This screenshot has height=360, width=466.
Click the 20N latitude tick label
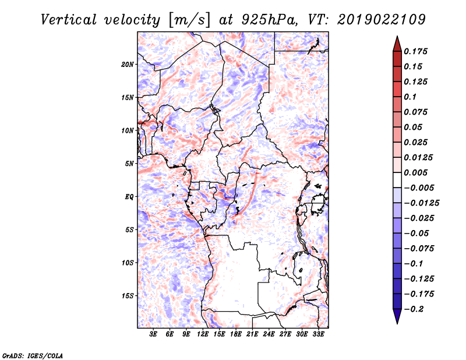point(128,64)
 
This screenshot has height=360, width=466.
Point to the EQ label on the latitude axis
point(129,197)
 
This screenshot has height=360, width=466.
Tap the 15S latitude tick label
point(128,296)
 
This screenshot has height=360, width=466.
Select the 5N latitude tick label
point(129,164)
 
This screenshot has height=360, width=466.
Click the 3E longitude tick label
point(154,334)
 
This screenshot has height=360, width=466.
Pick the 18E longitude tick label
point(236,334)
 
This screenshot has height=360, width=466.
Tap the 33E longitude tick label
point(318,334)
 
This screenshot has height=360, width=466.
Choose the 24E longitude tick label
point(269,334)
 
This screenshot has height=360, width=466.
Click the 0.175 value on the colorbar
point(417,52)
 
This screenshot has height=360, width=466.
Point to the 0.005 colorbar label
point(417,173)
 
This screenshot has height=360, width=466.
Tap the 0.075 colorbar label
point(417,112)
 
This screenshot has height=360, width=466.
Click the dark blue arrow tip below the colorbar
point(397,319)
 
